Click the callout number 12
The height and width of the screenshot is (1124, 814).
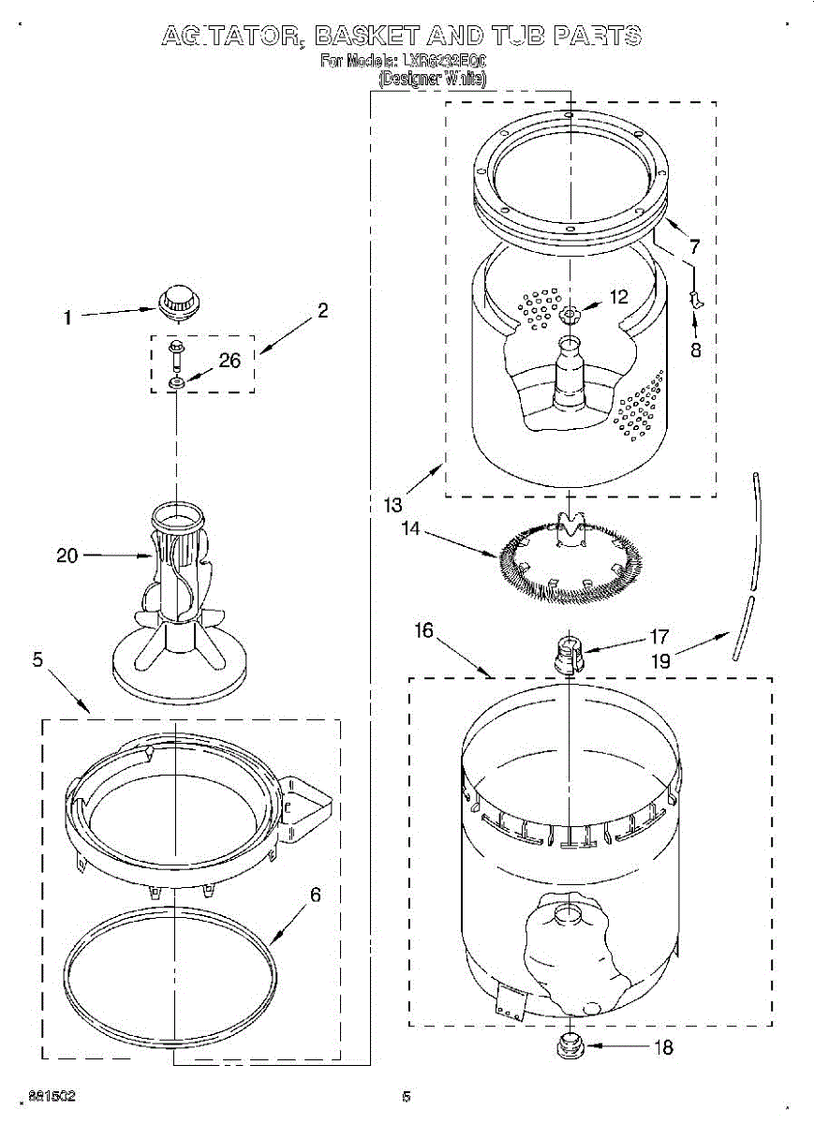pyautogui.click(x=619, y=298)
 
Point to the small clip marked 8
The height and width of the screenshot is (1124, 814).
pyautogui.click(x=695, y=298)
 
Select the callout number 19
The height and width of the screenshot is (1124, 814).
pyautogui.click(x=661, y=660)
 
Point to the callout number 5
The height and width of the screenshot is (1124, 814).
pyautogui.click(x=37, y=660)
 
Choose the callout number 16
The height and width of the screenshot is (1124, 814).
pyautogui.click(x=424, y=630)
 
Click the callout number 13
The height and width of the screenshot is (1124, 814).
pyautogui.click(x=393, y=504)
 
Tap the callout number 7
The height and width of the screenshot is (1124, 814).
pyautogui.click(x=693, y=248)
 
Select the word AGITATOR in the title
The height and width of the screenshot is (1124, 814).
pyautogui.click(x=230, y=37)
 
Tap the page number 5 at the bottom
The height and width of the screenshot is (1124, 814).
pyautogui.click(x=407, y=1097)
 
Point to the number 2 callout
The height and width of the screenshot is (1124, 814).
pyautogui.click(x=322, y=312)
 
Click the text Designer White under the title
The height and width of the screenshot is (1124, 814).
pyautogui.click(x=432, y=80)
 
